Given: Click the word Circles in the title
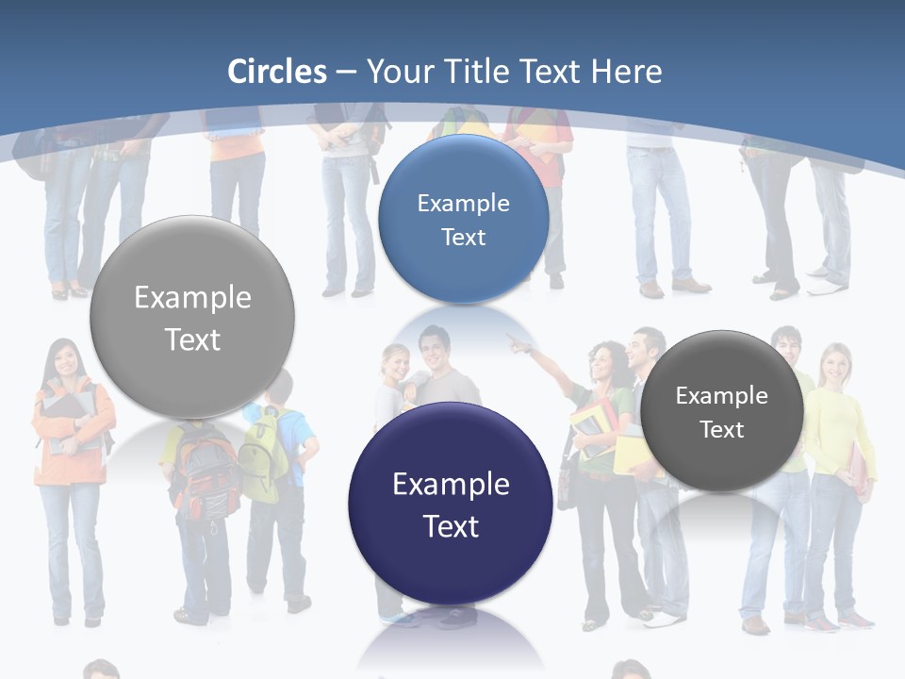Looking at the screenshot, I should [277, 72].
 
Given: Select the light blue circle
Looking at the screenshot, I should [463, 219].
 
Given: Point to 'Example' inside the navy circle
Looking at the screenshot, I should [451, 484].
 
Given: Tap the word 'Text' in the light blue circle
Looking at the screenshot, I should [463, 237].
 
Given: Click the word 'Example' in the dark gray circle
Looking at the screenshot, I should [722, 396].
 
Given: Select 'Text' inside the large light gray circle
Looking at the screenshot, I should [192, 339].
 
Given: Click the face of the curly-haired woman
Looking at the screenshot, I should [602, 365].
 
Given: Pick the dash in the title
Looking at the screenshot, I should [346, 72].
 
